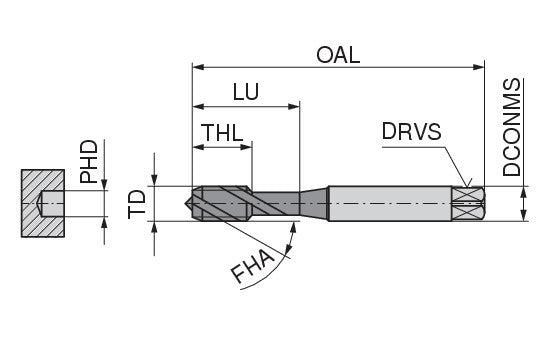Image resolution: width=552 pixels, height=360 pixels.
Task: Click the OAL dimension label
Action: click(338, 55)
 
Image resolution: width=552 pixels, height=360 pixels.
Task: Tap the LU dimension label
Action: click(246, 92)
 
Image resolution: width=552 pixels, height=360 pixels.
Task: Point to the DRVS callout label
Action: click(412, 131)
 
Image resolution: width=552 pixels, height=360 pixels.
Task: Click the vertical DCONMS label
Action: click(511, 127)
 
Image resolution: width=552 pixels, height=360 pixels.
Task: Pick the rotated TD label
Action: click(137, 204)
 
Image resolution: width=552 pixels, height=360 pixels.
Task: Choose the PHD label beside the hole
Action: click(89, 161)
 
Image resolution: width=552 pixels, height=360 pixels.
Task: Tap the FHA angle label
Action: click(252, 266)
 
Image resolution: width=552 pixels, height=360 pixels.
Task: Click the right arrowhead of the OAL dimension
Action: click(479, 67)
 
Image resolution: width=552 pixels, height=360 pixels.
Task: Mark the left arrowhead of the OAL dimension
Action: click(199, 67)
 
